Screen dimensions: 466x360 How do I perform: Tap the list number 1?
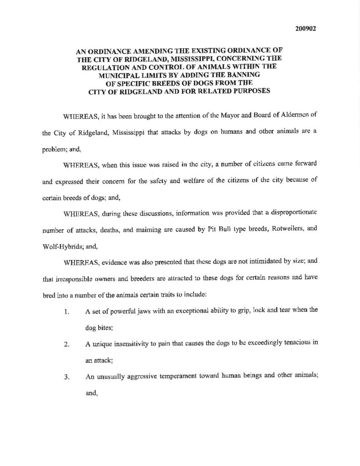pyautogui.click(x=66, y=313)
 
